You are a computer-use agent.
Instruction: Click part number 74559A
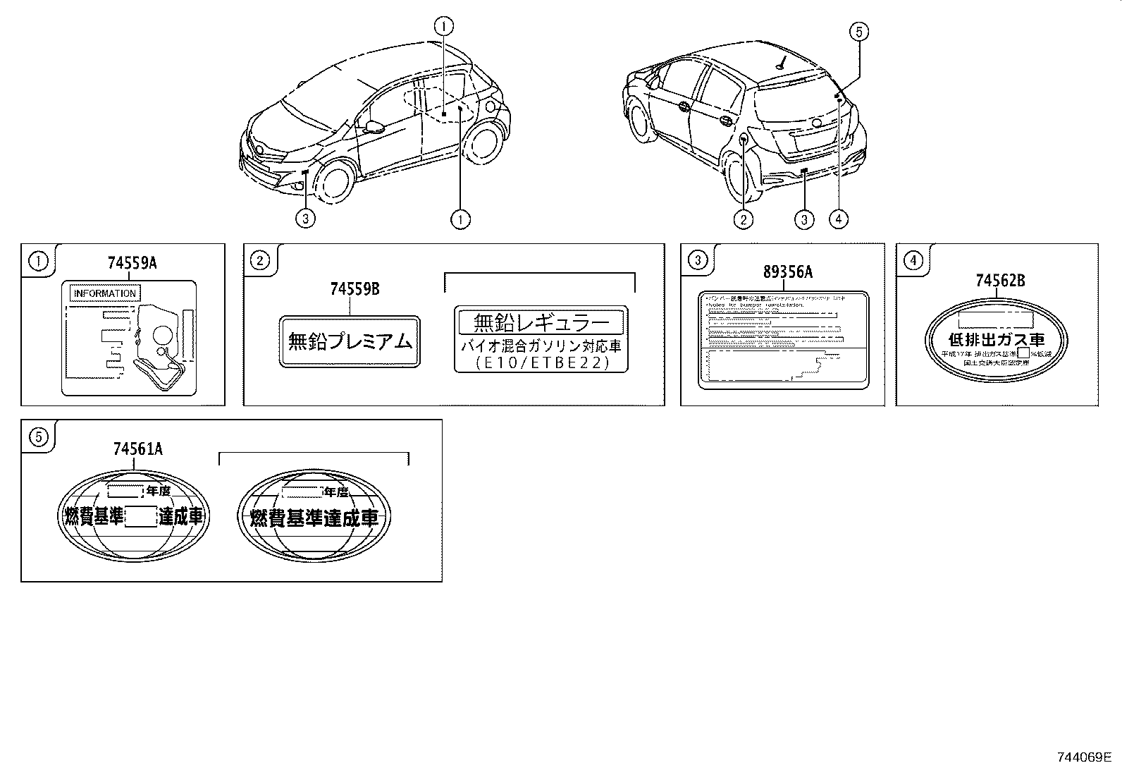(x=132, y=263)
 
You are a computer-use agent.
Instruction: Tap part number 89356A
(x=788, y=272)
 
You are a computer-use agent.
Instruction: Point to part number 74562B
(x=1000, y=281)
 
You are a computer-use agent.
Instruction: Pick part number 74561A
(x=137, y=448)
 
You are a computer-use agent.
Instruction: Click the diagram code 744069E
(x=1083, y=757)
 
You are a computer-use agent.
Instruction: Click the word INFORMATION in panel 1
(x=104, y=293)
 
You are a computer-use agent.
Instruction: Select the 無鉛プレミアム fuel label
(x=350, y=342)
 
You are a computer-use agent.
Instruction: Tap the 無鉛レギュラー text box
(x=541, y=323)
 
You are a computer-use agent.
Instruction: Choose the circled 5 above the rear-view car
(x=859, y=32)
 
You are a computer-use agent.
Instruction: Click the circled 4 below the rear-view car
(x=838, y=220)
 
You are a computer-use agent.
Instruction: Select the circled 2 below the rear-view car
(x=743, y=220)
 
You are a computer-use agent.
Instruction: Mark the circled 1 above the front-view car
(x=444, y=26)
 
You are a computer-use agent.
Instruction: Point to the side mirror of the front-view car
(x=374, y=126)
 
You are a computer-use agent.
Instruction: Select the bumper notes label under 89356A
(x=783, y=338)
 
